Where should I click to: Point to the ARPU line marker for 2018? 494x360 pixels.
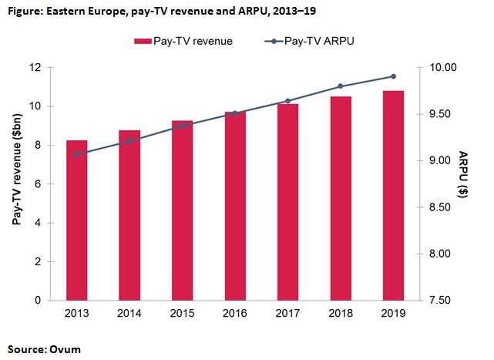pos(340,86)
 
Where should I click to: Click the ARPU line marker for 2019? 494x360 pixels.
pos(392,76)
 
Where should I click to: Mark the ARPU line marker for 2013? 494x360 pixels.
pos(77,154)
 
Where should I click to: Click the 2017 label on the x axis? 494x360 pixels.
pos(287,314)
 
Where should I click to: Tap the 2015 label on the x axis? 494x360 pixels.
pos(182,314)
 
